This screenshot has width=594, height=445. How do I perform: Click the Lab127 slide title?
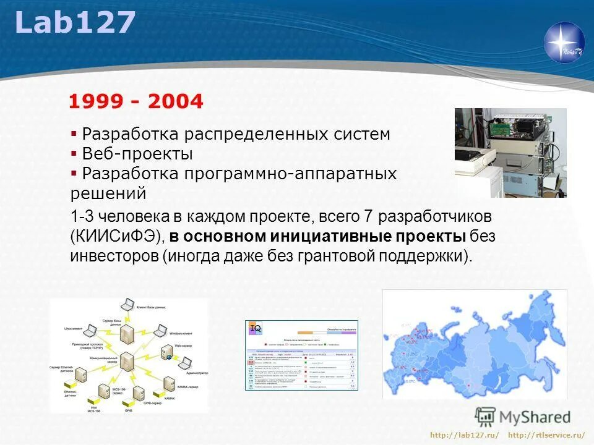point(74,23)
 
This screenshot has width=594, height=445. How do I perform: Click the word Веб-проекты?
point(137,154)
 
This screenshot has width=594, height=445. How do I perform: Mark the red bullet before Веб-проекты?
point(74,153)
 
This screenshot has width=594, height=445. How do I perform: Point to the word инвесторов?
point(114,256)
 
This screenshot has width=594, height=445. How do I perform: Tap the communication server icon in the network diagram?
point(127,363)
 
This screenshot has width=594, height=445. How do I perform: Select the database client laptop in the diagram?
point(127,305)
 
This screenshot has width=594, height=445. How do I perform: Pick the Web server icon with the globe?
point(165,352)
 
